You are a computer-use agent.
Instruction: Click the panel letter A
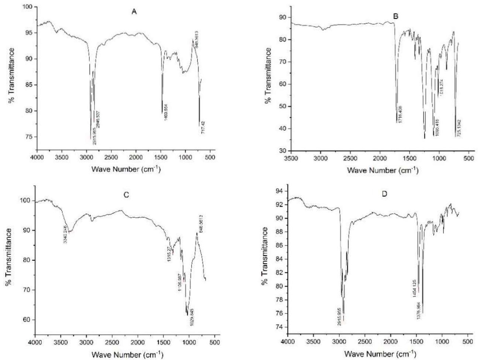[x=134, y=12]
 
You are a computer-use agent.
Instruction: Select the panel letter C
[x=126, y=195]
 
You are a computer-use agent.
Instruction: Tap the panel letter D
[x=385, y=194]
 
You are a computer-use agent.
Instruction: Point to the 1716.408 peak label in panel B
[x=400, y=115]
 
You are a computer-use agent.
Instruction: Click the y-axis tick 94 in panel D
[x=281, y=191]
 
